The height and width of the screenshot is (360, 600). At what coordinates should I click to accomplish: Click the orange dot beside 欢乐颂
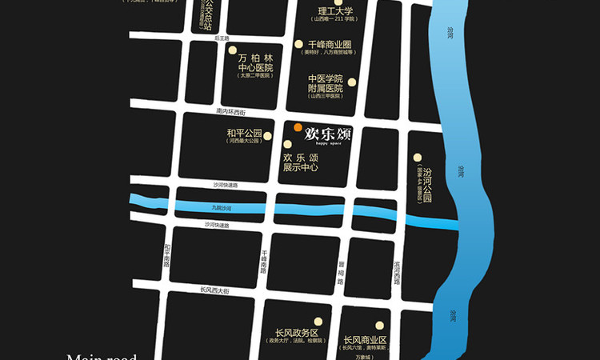tap(298, 127)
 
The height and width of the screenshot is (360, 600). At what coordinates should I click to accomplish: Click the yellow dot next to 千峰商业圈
tap(299, 45)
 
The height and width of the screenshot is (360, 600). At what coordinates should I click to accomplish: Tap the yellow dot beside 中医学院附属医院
tap(352, 83)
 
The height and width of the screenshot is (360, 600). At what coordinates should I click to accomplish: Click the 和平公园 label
tap(245, 133)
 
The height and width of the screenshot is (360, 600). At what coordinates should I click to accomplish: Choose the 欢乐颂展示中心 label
tap(301, 163)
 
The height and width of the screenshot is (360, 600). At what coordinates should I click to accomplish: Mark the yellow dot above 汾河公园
tap(417, 158)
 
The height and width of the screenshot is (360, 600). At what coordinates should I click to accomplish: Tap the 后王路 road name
tap(222, 38)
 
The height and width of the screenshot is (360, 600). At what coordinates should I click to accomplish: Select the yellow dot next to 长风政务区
tap(318, 319)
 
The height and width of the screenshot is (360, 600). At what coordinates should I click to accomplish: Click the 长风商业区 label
tap(365, 340)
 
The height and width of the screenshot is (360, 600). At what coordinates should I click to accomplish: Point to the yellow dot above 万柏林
tap(233, 50)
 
